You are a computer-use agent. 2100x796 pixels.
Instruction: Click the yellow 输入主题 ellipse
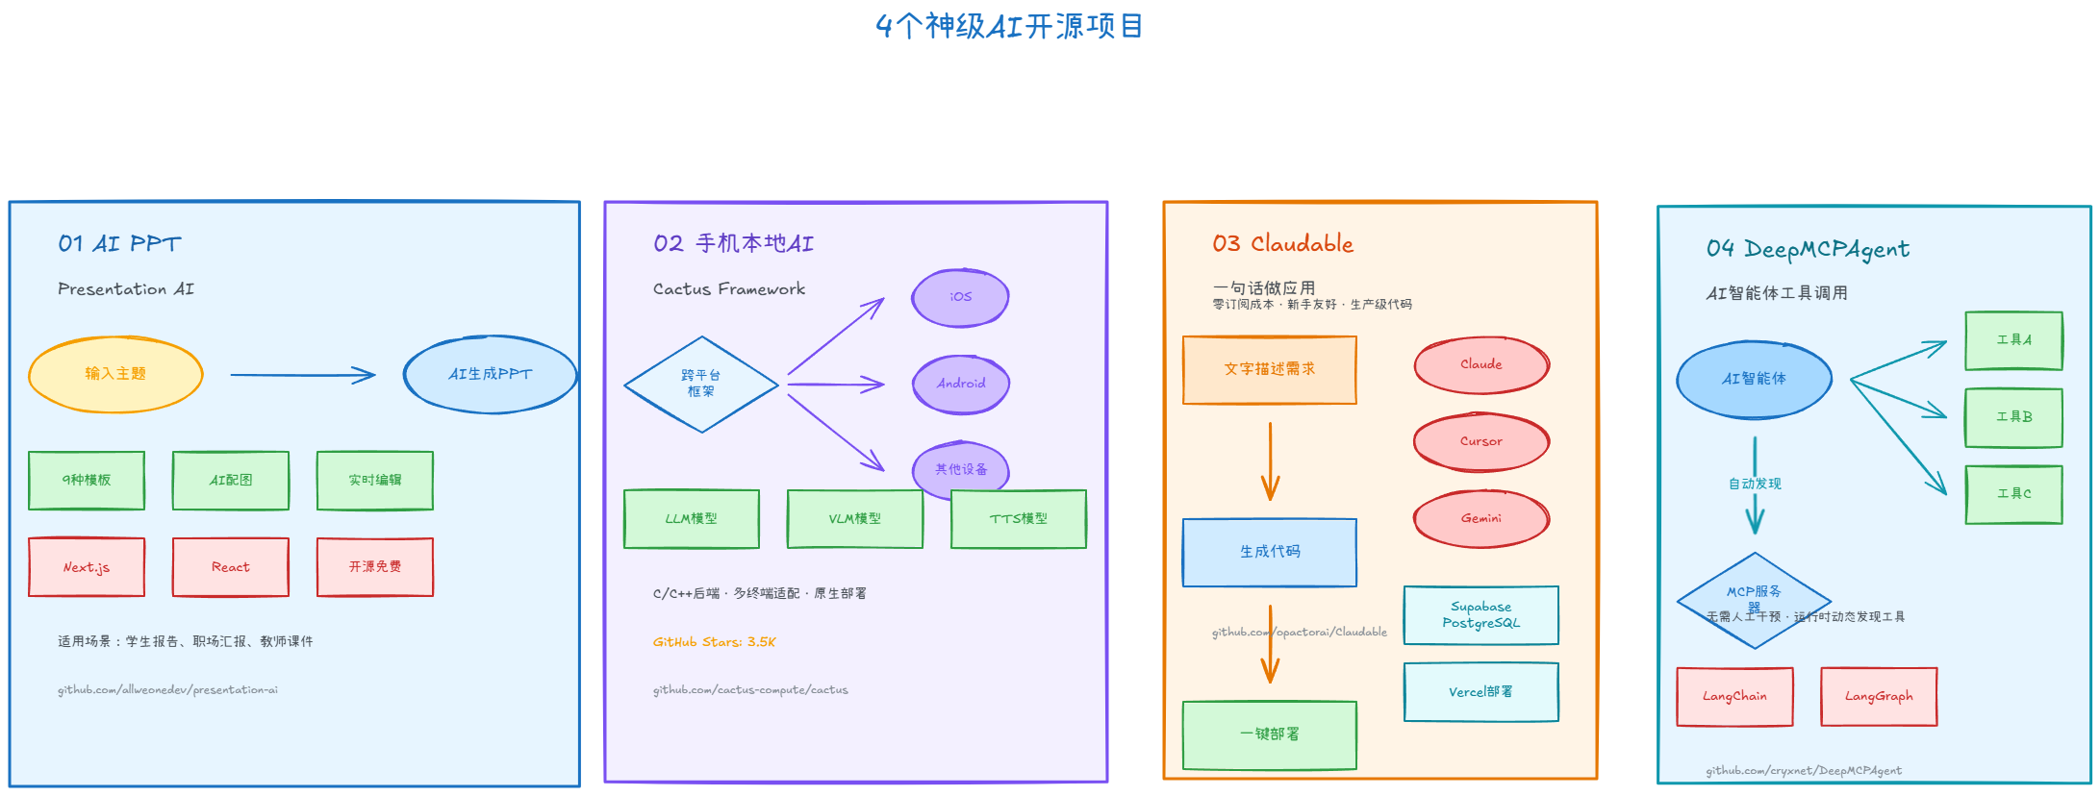click(115, 374)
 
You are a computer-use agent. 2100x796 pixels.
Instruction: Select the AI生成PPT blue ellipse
click(490, 374)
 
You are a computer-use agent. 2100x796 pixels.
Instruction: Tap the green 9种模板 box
click(87, 480)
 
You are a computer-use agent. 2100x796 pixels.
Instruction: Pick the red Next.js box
click(87, 567)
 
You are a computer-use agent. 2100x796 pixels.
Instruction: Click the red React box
click(231, 567)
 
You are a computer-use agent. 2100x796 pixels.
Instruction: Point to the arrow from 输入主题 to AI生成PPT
click(302, 375)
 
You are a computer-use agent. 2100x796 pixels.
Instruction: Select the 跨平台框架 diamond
click(701, 384)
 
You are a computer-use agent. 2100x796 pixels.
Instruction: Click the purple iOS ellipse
click(960, 297)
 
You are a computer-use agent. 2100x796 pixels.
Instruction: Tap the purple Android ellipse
click(961, 384)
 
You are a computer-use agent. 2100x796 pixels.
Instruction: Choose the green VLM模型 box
click(854, 519)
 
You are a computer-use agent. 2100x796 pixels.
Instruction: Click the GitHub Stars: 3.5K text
click(714, 642)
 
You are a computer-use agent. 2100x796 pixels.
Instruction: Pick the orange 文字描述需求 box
click(1270, 369)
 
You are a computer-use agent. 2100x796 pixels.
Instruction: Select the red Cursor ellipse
click(1481, 441)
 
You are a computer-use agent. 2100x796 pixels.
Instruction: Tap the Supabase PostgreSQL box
click(1481, 615)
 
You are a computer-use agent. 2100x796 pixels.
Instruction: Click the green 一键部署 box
click(1270, 734)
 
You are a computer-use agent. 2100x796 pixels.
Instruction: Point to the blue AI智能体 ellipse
click(1754, 379)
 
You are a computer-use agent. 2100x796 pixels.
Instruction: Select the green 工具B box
click(2013, 417)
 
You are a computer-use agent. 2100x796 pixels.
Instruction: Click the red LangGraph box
click(1879, 696)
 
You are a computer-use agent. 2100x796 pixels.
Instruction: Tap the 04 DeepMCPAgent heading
click(1808, 249)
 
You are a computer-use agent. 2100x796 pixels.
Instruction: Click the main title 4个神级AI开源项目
click(1009, 26)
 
